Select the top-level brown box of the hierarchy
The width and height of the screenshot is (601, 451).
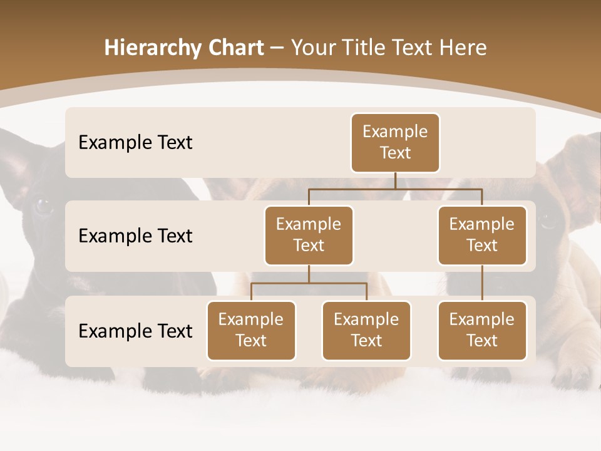point(395,143)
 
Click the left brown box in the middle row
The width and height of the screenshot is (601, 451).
point(309,236)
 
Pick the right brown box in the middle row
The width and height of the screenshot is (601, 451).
point(482,236)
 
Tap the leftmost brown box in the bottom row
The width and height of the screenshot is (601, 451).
point(251,331)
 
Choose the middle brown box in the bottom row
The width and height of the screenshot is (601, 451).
point(366,331)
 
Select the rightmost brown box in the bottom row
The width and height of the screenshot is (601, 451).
point(482,331)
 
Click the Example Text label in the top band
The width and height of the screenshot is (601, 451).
point(135,143)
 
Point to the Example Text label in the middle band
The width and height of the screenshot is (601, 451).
point(135,236)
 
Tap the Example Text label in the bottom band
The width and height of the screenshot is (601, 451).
point(135,331)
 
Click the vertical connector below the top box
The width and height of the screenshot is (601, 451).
point(395,180)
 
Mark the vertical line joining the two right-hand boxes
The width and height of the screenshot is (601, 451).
point(482,283)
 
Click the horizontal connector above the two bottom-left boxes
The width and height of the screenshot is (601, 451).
point(309,283)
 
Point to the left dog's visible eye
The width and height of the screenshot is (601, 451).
point(43,205)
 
